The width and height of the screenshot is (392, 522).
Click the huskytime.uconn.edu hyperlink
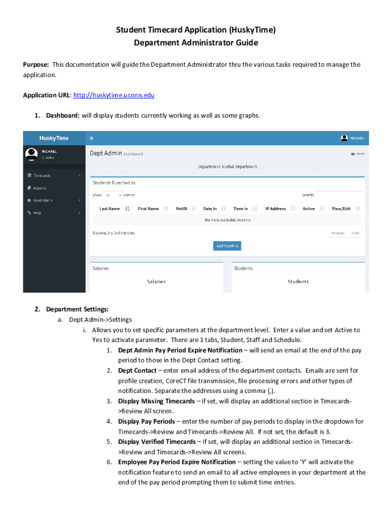(114, 95)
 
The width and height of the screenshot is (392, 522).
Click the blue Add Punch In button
(227, 246)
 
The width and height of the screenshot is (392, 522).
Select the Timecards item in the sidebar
(42, 175)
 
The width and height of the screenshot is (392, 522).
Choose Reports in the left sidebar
(40, 188)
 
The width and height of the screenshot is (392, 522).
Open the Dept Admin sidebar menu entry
(43, 200)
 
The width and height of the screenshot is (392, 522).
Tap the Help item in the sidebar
(37, 213)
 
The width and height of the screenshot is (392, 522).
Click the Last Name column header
(109, 208)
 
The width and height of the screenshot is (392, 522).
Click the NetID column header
(181, 208)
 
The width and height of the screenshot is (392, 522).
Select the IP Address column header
(275, 208)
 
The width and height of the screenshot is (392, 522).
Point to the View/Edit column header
(341, 208)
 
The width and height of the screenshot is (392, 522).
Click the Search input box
(339, 195)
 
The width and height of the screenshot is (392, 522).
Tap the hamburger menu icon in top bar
(92, 138)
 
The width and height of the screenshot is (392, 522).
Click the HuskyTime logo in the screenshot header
(54, 138)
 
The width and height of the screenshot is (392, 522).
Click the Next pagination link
(355, 233)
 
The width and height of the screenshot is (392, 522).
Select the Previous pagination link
(338, 233)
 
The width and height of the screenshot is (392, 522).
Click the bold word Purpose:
(36, 65)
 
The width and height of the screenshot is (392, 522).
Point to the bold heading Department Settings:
(77, 309)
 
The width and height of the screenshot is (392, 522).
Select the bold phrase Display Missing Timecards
(156, 401)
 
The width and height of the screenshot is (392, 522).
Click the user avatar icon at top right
(345, 138)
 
